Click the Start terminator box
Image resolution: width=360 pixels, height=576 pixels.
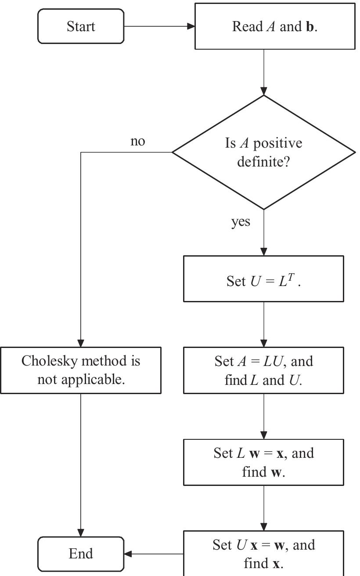81,26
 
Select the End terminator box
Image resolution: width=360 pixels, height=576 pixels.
81,554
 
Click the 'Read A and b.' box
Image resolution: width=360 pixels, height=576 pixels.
275,26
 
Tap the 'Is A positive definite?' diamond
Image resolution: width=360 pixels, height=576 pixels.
264,152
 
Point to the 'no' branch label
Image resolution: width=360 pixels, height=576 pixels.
137,141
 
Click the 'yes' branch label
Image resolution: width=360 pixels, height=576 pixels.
241,222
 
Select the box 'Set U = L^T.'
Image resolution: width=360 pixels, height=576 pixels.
263,279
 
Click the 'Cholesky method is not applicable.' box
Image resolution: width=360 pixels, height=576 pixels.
81,370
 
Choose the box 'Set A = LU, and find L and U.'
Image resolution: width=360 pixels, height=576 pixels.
263,370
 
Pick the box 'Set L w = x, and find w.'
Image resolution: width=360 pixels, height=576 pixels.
263,462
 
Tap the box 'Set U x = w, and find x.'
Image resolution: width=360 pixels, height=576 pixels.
263,554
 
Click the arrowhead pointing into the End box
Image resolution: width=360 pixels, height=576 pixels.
129,554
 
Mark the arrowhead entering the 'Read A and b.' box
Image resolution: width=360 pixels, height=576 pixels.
191,26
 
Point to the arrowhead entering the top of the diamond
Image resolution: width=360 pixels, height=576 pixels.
264,91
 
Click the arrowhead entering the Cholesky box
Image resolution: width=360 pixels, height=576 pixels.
81,343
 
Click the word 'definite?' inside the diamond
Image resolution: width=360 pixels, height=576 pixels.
264,162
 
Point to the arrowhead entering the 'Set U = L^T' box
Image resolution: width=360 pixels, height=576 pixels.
264,252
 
